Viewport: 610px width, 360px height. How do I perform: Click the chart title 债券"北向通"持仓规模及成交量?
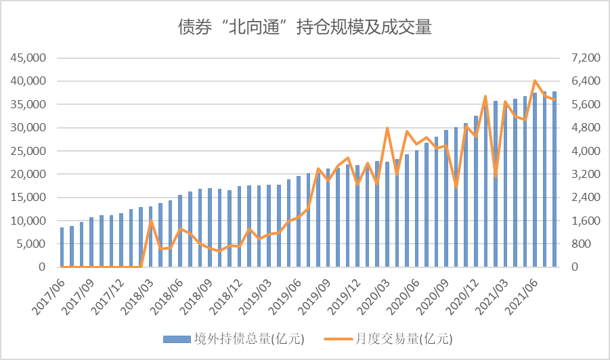click(x=305, y=27)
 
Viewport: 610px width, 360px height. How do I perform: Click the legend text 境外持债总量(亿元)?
click(x=232, y=338)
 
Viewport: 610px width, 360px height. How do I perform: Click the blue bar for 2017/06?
click(x=62, y=247)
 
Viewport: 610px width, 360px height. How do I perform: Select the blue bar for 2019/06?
click(x=299, y=222)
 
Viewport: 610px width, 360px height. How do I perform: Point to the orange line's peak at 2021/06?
click(x=535, y=81)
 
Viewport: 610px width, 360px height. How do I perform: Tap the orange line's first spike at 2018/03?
click(x=151, y=221)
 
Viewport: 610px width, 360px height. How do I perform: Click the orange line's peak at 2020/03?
click(x=387, y=128)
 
